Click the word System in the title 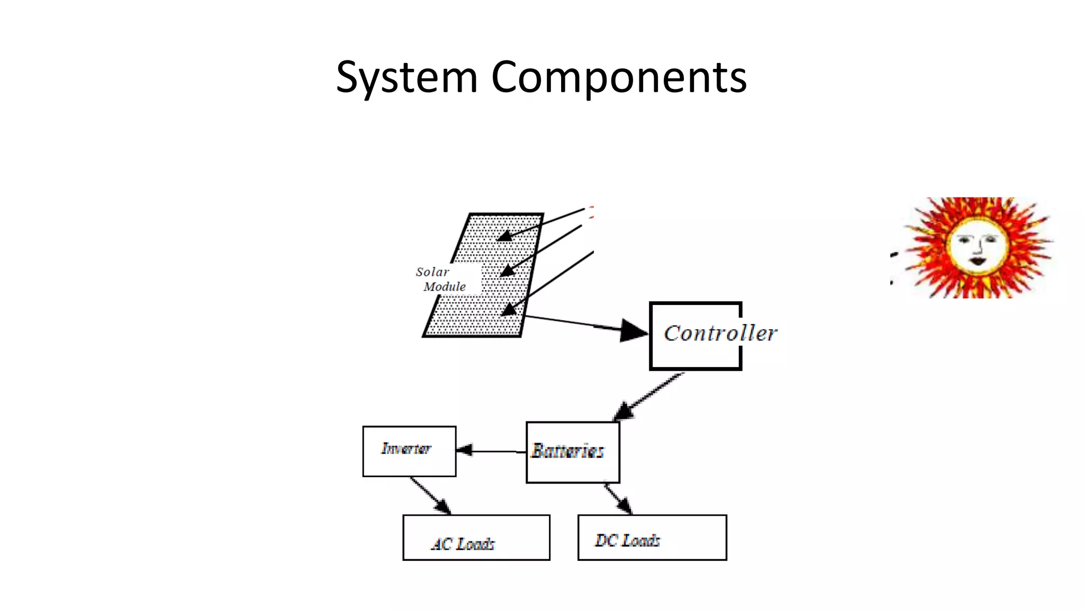coord(407,78)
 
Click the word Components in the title coord(619,78)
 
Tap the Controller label coord(720,334)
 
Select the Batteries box coord(573,452)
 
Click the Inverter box coord(409,451)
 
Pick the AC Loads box coord(476,537)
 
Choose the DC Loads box coord(652,537)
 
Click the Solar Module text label coord(440,279)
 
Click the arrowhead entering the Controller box coord(633,330)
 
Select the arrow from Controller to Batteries coord(648,396)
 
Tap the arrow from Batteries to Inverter coord(490,451)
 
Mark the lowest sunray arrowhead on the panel coord(509,310)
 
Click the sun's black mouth coord(977,261)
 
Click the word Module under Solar coord(445,287)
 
